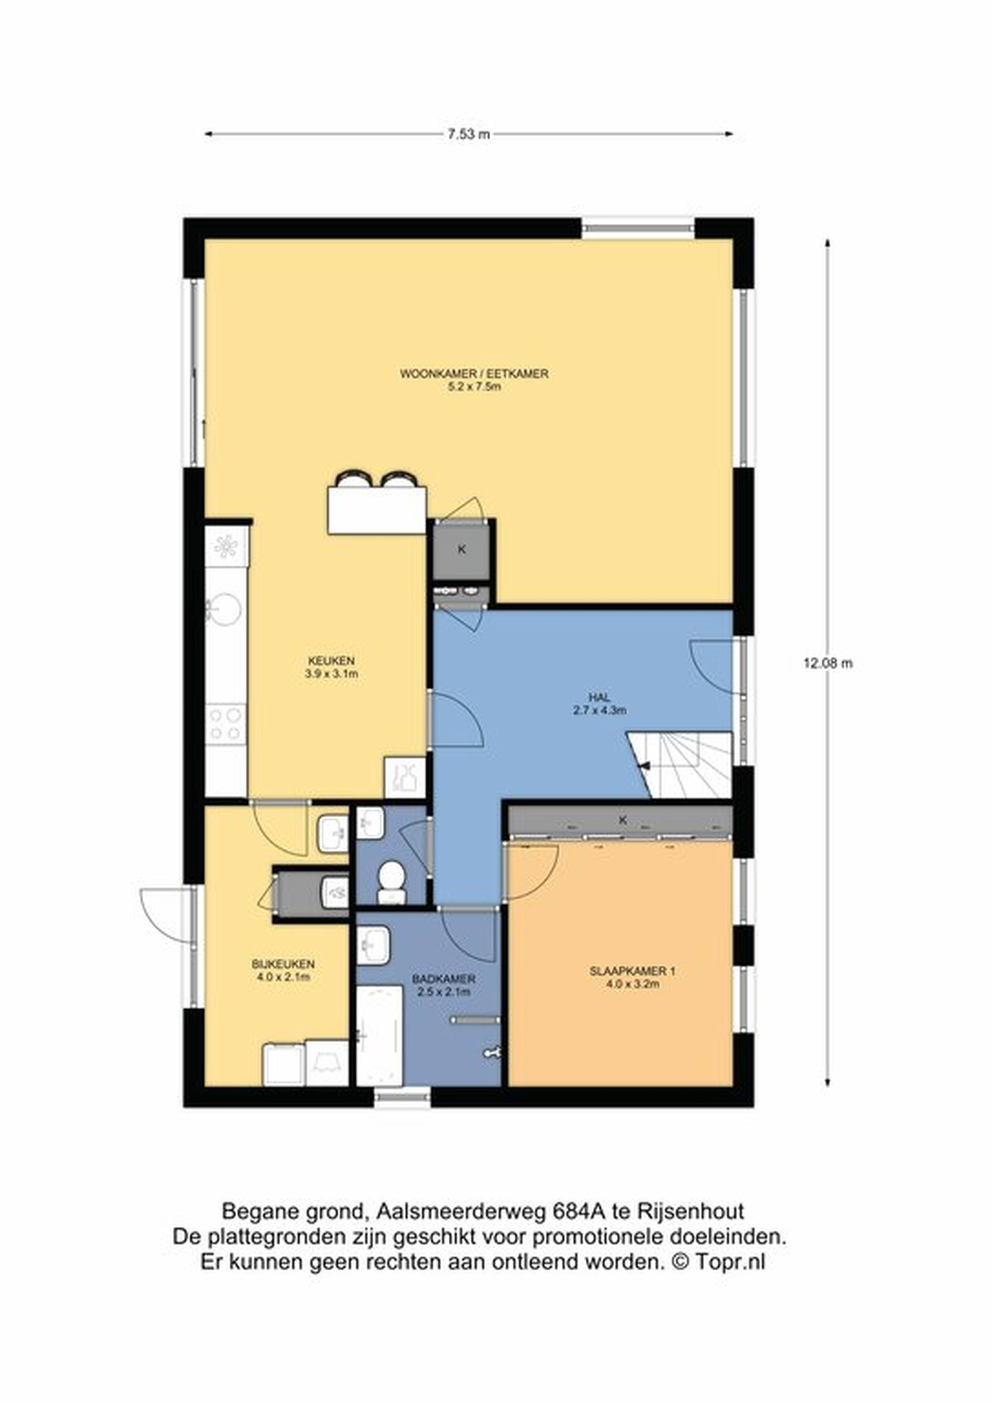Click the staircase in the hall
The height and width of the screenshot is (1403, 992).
coord(680,765)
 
